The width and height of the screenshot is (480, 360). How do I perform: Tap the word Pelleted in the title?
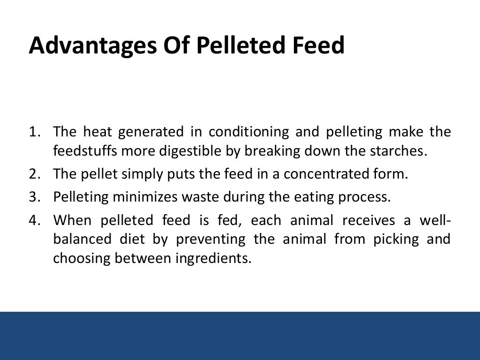coord(241,46)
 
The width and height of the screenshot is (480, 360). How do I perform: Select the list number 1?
coord(33,132)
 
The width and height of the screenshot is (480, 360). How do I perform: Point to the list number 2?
coord(33,174)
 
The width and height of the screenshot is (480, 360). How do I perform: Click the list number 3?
coord(33,197)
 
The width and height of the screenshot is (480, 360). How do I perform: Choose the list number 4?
coord(33,219)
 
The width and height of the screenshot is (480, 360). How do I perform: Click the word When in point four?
coord(73,219)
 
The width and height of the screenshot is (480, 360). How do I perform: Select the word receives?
coord(362,219)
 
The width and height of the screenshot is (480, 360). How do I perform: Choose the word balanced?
coord(82,239)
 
